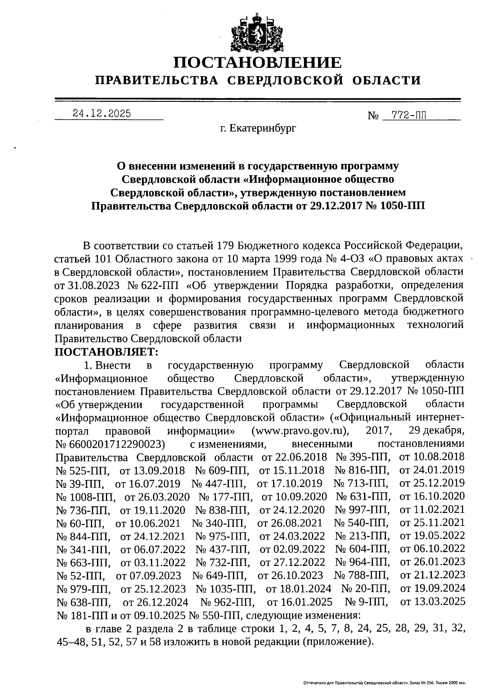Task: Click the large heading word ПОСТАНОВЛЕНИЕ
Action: [257, 63]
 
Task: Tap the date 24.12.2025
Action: [102, 114]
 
